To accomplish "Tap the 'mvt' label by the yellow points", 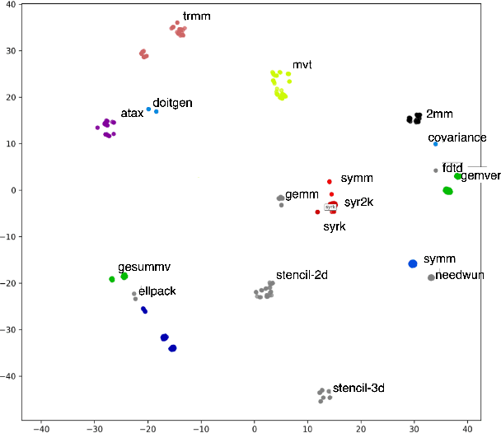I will [302, 64].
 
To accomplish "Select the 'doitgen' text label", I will [172, 103].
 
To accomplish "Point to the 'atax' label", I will [132, 113].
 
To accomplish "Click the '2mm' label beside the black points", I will [439, 114].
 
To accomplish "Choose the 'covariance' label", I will [457, 137].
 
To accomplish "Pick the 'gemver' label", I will [480, 176].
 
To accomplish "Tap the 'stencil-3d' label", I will [358, 387].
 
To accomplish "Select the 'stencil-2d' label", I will [302, 275].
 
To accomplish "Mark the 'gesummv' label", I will [144, 268].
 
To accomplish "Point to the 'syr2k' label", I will [359, 202].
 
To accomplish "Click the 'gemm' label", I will [302, 193].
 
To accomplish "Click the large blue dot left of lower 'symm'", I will [413, 263].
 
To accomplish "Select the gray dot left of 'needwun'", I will [431, 277].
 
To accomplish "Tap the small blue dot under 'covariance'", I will [436, 144].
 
